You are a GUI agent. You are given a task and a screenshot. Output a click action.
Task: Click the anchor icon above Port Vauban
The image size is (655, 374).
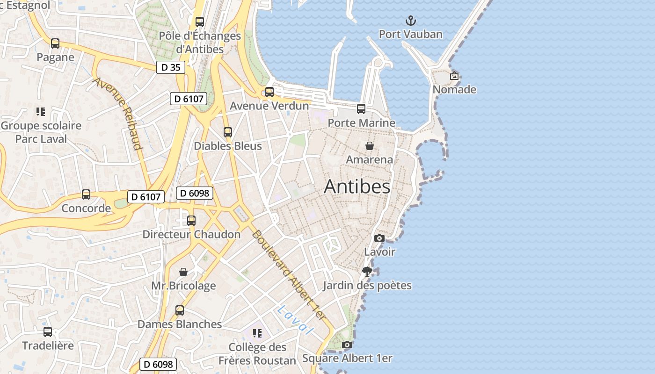click(x=410, y=21)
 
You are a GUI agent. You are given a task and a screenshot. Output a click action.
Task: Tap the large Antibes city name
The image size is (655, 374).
click(x=357, y=187)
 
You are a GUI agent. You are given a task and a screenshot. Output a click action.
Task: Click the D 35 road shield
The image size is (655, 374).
click(x=171, y=67)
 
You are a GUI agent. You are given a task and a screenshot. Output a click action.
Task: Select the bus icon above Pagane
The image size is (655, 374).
click(x=55, y=43)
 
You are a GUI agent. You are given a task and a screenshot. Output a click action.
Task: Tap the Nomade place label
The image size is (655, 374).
click(x=454, y=89)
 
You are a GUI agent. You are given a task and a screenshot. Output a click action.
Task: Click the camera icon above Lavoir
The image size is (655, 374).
click(x=379, y=238)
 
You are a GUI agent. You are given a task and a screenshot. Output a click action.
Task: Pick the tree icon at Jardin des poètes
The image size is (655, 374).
click(x=367, y=272)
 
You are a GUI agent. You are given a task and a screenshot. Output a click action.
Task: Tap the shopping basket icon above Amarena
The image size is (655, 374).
click(x=369, y=146)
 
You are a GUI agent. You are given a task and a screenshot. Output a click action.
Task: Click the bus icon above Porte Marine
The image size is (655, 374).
click(x=361, y=109)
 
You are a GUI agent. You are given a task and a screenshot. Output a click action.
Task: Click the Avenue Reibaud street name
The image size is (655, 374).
click(x=117, y=114)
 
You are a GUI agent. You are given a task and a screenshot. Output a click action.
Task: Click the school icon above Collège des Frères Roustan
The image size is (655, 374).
click(x=257, y=333)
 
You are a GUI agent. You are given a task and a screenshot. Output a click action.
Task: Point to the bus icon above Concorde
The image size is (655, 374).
click(x=86, y=194)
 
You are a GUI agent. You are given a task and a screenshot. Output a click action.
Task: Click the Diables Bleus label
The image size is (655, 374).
click(x=228, y=146)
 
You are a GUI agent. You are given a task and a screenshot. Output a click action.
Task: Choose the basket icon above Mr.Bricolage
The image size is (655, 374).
click(x=183, y=272)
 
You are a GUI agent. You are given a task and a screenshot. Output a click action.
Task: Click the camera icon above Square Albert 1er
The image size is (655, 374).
click(x=347, y=345)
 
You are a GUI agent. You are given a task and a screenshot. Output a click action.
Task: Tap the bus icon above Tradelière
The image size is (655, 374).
click(x=48, y=332)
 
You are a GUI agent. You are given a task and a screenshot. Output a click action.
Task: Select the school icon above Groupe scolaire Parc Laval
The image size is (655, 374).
click(x=41, y=112)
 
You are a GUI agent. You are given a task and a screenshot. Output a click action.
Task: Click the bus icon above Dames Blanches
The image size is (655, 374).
click(x=180, y=310)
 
